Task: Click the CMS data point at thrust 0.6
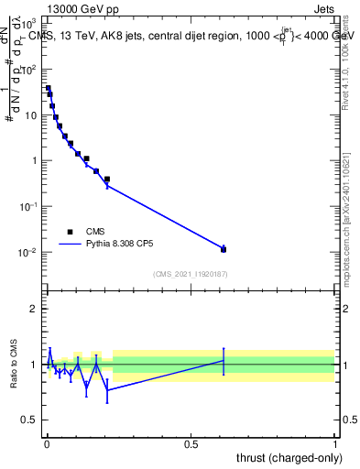pyautogui.click(x=224, y=249)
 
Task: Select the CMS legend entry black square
pyautogui.click(x=70, y=232)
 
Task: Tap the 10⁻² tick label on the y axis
pyautogui.click(x=27, y=253)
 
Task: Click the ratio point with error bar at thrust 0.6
pyautogui.click(x=224, y=360)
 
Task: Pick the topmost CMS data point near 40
pyautogui.click(x=49, y=89)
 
